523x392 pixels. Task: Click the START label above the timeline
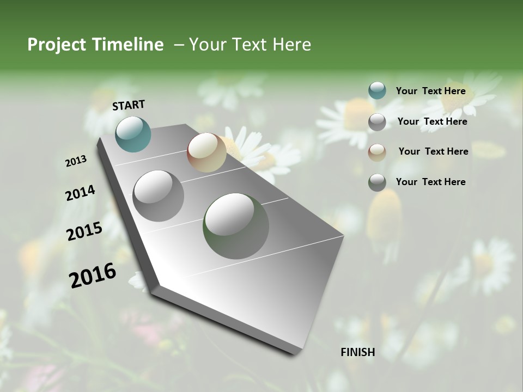pos(129,105)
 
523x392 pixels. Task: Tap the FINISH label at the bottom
pos(357,352)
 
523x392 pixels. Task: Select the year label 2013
pos(76,161)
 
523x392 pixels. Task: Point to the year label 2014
pos(80,193)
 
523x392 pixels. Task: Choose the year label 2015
pos(84,231)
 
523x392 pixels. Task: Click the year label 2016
pos(93,275)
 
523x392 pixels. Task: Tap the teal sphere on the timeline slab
pos(133,134)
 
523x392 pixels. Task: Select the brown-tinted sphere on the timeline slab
pos(206,152)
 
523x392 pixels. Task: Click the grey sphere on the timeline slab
pos(159,196)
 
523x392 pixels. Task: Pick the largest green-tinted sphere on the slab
pos(236,226)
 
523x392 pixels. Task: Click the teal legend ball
pos(377,91)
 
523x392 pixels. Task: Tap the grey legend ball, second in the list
pos(377,122)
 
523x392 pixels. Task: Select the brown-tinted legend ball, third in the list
pos(377,152)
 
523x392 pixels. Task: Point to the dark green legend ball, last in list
pos(377,182)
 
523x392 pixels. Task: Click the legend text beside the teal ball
pos(430,91)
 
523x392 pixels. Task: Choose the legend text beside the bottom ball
pos(430,182)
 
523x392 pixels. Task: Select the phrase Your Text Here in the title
pos(250,45)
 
